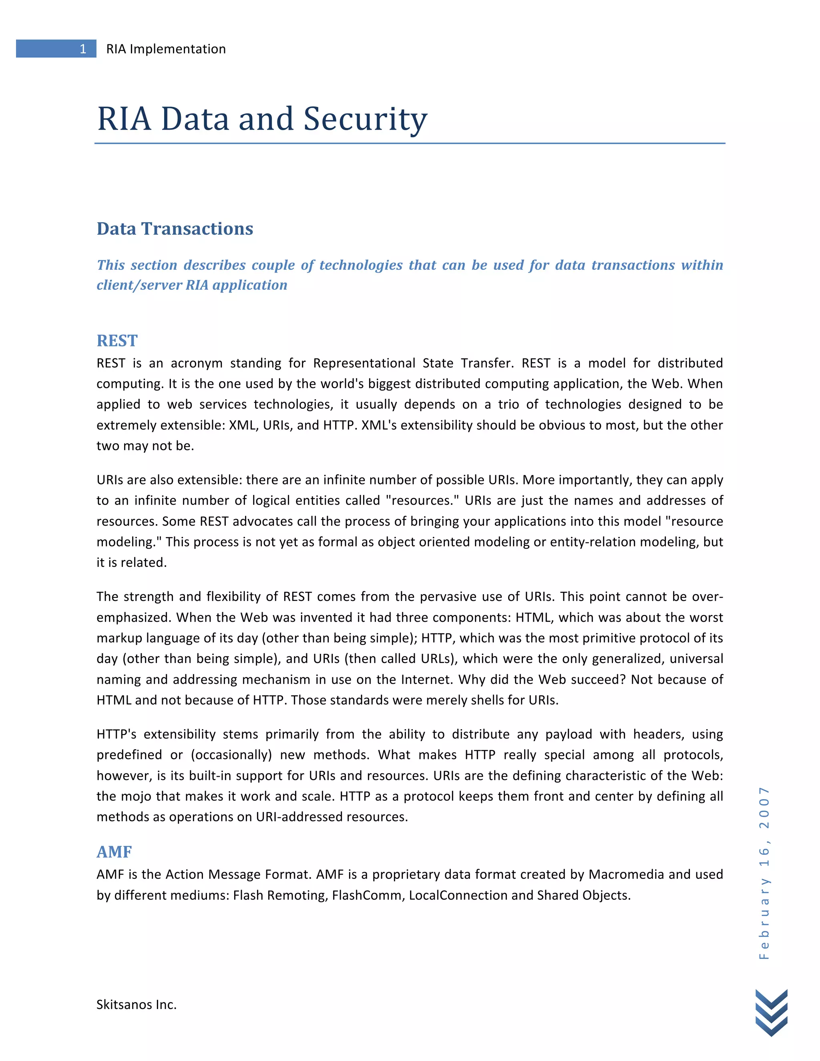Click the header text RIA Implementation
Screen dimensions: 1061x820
pyautogui.click(x=166, y=49)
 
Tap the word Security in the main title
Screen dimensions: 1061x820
pyautogui.click(x=365, y=119)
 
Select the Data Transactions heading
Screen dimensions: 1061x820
pyautogui.click(x=175, y=229)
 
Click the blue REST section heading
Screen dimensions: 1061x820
pyautogui.click(x=117, y=341)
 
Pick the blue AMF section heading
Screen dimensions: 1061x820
pyautogui.click(x=114, y=852)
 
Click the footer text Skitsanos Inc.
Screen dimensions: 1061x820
pyautogui.click(x=137, y=1004)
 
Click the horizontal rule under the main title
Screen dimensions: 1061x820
pyautogui.click(x=410, y=143)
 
